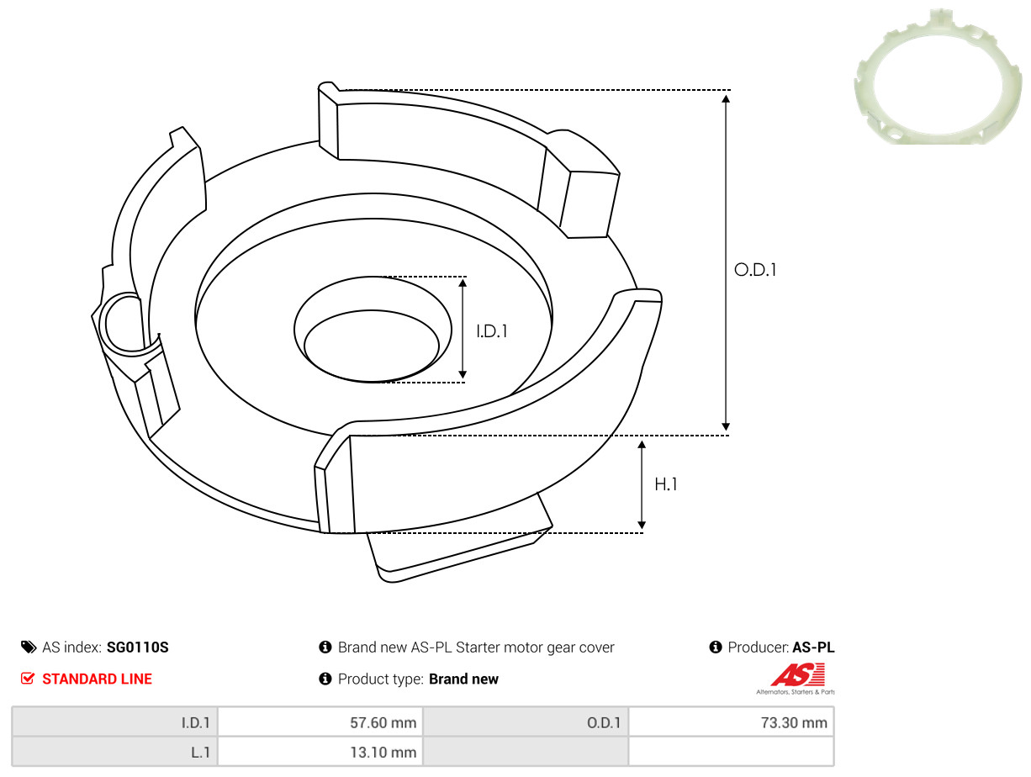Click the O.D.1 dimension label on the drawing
755,269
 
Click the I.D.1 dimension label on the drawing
492,331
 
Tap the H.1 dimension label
665,484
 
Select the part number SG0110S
137,647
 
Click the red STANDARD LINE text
97,679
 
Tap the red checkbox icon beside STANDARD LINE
28,679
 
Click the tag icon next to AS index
29,647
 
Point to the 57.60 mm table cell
320,722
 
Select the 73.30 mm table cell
731,722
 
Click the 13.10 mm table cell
320,752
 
